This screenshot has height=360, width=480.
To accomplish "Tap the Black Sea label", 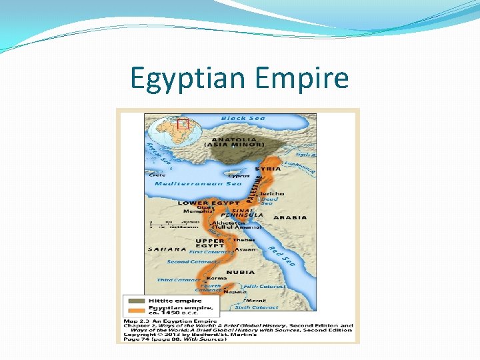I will click(243, 118).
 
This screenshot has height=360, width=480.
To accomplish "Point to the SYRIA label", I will click(267, 169).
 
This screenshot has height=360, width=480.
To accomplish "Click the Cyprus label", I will click(238, 176).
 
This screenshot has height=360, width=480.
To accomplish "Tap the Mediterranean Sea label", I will click(198, 183).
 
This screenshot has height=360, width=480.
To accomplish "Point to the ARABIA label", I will click(290, 217).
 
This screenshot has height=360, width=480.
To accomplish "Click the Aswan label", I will click(245, 249).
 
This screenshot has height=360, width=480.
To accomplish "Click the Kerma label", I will click(212, 278).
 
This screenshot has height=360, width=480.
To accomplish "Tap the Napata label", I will click(233, 291).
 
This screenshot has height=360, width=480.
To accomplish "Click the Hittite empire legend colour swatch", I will click(135, 301).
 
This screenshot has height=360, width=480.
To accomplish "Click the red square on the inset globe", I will click(183, 124).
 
